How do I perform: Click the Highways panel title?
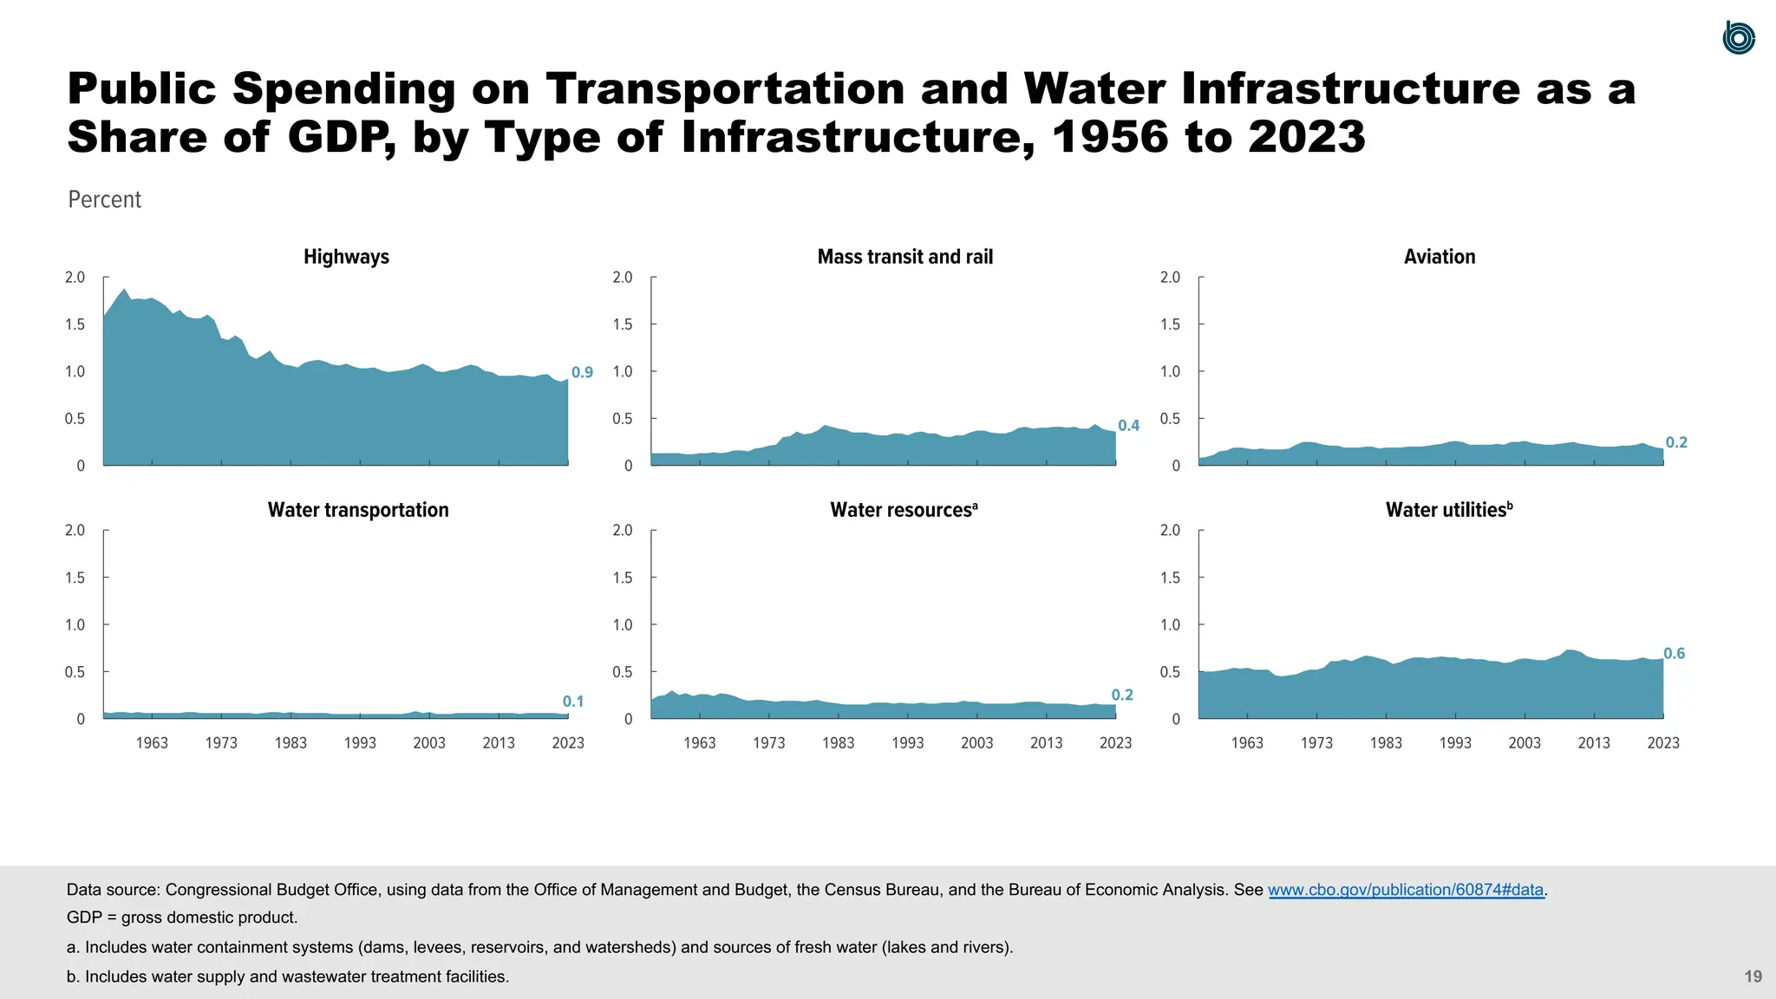(x=346, y=257)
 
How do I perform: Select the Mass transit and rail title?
(x=904, y=257)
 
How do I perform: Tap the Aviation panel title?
(x=1439, y=257)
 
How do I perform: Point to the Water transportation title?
(x=358, y=510)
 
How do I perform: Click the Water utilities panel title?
(x=1448, y=510)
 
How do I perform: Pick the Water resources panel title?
(x=903, y=510)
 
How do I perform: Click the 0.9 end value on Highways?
(x=582, y=373)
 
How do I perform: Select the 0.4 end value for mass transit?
(x=1128, y=426)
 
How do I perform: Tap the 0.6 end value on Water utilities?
(x=1674, y=654)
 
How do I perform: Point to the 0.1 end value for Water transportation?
(x=572, y=702)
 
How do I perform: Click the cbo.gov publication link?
(x=1406, y=890)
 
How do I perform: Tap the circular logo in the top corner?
(x=1739, y=38)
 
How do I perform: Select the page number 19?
(x=1753, y=976)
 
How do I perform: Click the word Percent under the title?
(x=104, y=199)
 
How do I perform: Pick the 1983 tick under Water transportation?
(x=291, y=743)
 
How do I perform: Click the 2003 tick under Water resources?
(x=976, y=743)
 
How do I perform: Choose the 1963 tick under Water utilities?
(x=1247, y=743)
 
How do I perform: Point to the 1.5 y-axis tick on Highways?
(x=75, y=324)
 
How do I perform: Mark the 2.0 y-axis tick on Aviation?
(x=1170, y=277)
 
